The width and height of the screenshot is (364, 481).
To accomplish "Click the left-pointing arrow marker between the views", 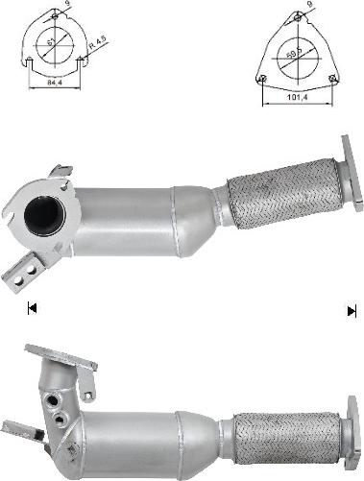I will (x=32, y=309).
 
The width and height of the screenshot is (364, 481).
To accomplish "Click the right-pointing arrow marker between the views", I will (x=352, y=309).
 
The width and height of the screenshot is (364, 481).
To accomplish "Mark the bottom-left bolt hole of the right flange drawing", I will (x=262, y=76).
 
